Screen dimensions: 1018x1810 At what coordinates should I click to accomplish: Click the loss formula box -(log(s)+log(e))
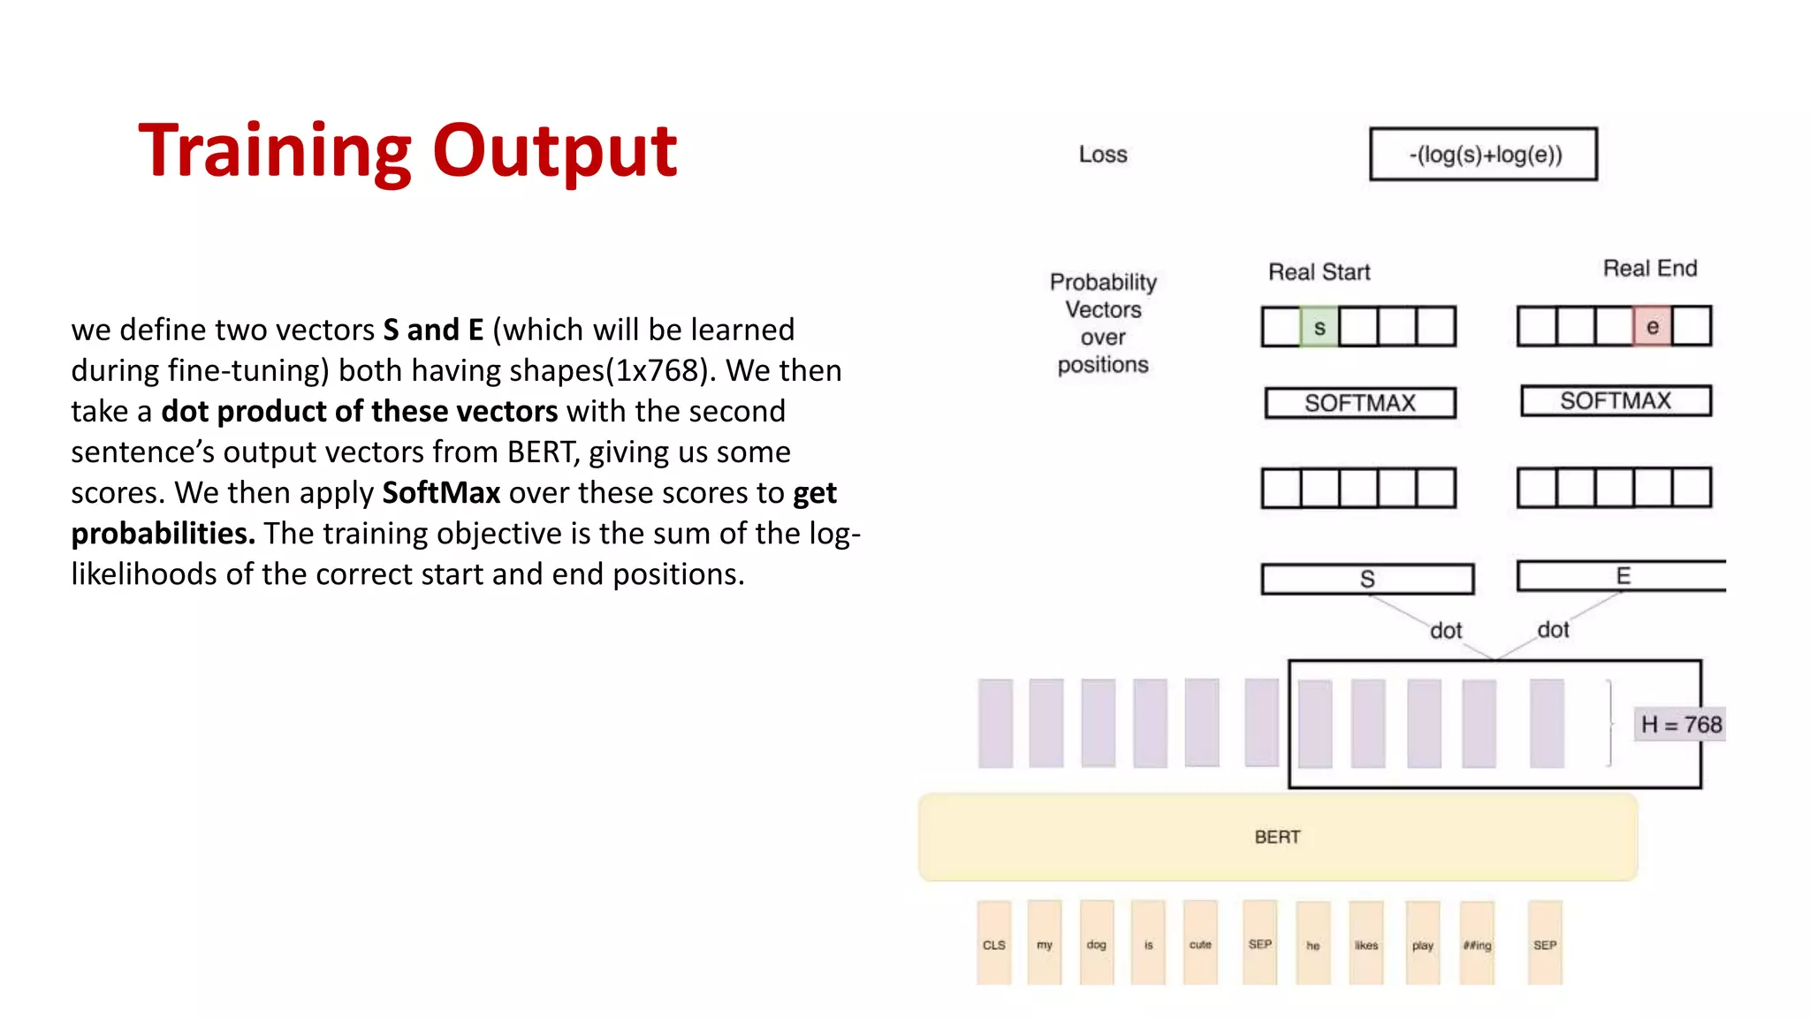tap(1483, 155)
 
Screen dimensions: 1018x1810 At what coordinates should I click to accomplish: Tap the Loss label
tap(1102, 155)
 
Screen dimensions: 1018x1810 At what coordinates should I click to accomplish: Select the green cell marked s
tap(1319, 327)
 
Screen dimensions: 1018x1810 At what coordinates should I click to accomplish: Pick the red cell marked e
tap(1652, 326)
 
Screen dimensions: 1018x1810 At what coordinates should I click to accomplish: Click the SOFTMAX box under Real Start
tap(1359, 403)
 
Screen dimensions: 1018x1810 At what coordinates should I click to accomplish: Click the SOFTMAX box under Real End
tap(1615, 401)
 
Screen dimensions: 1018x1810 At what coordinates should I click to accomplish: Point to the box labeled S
tap(1366, 579)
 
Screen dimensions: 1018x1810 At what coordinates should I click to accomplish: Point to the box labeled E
tap(1621, 576)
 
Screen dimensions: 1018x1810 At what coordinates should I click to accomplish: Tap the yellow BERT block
tap(1277, 837)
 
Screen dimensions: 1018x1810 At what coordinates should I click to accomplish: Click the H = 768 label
tap(1680, 725)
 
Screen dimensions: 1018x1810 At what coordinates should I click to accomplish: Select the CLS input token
tap(993, 943)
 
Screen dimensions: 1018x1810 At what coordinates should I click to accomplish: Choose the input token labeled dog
tap(1096, 943)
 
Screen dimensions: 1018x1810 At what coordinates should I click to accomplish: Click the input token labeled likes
tap(1365, 944)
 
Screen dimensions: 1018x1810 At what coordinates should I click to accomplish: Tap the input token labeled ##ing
tap(1477, 944)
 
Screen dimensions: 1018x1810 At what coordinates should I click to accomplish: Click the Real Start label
tap(1319, 272)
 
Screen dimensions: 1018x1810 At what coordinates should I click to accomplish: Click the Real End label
tap(1649, 269)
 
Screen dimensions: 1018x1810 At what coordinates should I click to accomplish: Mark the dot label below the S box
tap(1446, 631)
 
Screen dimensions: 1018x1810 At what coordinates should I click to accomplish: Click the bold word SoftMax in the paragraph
tap(441, 492)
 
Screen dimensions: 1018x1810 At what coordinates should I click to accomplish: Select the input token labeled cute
tap(1199, 943)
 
